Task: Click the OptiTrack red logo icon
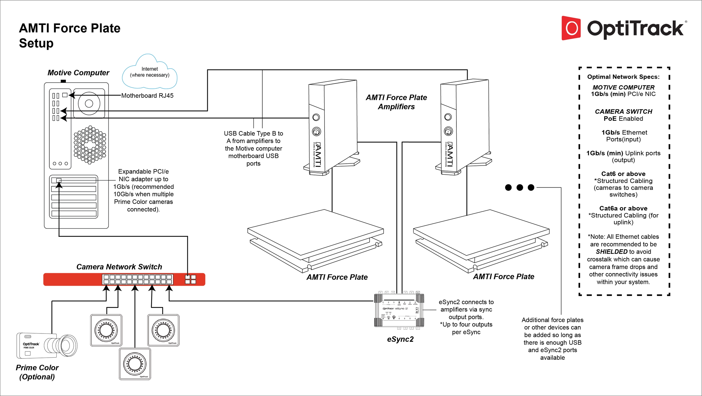click(571, 28)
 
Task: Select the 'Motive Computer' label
click(78, 73)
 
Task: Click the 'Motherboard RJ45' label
click(147, 96)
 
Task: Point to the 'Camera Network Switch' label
click(119, 267)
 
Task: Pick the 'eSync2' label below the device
click(400, 339)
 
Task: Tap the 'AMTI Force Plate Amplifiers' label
click(396, 102)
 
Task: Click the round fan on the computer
click(89, 104)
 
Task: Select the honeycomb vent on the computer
click(90, 145)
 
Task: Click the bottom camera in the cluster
click(135, 364)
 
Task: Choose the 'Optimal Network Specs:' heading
click(623, 77)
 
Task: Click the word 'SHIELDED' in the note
click(612, 252)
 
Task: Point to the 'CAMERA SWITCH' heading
click(623, 112)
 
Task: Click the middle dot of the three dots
click(519, 187)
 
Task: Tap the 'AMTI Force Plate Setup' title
click(69, 36)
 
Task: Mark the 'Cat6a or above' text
click(623, 209)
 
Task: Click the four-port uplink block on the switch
click(190, 280)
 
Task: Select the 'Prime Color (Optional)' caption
click(37, 372)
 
